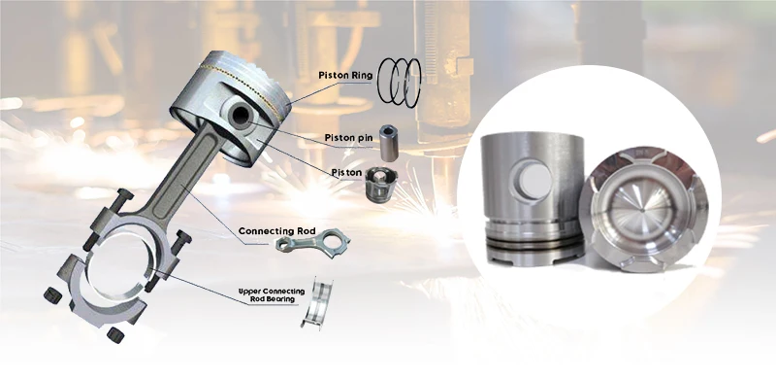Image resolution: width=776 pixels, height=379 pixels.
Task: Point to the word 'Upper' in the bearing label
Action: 252,292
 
